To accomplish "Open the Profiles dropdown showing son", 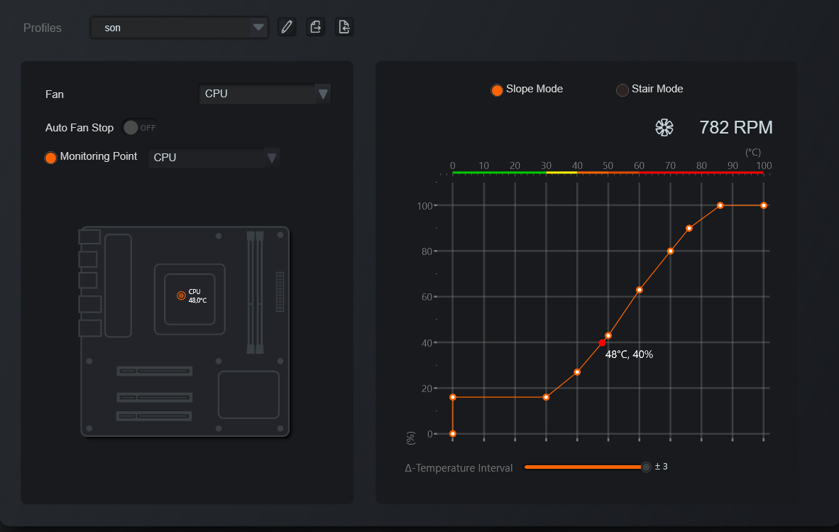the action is pos(179,28).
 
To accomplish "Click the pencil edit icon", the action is pos(287,27).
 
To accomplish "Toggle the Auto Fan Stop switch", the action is pos(141,127).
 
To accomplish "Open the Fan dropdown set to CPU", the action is pos(264,94).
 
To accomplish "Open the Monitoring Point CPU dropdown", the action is pos(213,158).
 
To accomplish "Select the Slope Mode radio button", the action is pos(497,90).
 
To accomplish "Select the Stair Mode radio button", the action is pos(623,90).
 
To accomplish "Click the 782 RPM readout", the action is pos(736,127).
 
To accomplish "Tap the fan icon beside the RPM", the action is pos(664,127).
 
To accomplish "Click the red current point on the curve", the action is pos(603,342).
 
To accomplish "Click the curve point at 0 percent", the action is pos(453,433).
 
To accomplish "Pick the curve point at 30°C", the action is pos(546,397).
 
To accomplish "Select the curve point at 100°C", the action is pos(764,205).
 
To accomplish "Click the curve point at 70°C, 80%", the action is pos(671,251).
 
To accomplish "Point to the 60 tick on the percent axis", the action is pos(427,296).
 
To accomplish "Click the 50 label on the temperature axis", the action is pos(608,165).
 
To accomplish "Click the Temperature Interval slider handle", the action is pos(647,467).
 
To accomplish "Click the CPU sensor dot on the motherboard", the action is pos(182,295).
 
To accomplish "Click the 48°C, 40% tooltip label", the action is pos(629,354).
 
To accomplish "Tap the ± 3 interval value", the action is pos(662,466).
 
